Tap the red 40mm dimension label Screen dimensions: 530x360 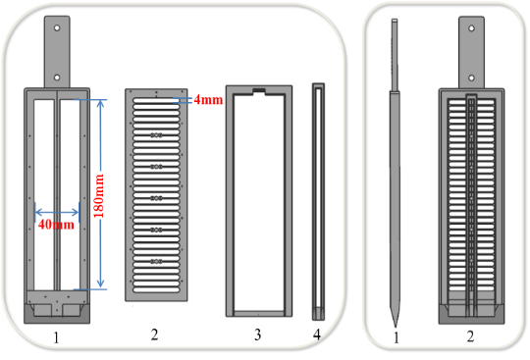[x=58, y=225]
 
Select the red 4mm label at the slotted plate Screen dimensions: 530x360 [x=208, y=100]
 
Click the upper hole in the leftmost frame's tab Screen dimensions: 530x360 [x=56, y=29]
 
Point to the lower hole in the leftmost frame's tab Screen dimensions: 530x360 [x=56, y=77]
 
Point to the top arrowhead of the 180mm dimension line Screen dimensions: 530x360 [x=100, y=99]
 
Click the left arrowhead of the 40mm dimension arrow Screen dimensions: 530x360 [x=36, y=211]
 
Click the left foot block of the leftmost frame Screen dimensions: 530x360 [x=40, y=311]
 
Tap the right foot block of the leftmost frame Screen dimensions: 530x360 [x=73, y=311]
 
